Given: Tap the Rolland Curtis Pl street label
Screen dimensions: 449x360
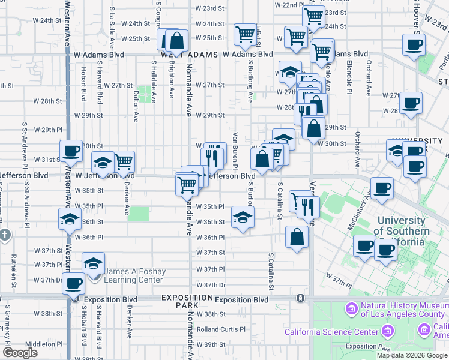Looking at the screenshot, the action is pyautogui.click(x=221, y=329).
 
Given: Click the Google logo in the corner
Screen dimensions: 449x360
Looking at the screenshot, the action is pyautogui.click(x=20, y=353).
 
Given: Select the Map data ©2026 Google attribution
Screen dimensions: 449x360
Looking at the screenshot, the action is pyautogui.click(x=412, y=355).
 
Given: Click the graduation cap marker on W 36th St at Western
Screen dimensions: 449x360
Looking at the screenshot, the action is pyautogui.click(x=70, y=220).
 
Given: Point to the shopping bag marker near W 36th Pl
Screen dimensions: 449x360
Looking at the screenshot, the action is pyautogui.click(x=297, y=237).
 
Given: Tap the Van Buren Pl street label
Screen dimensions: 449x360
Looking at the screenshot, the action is pyautogui.click(x=236, y=150).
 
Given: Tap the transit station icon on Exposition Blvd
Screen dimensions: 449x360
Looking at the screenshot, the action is pyautogui.click(x=299, y=298).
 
